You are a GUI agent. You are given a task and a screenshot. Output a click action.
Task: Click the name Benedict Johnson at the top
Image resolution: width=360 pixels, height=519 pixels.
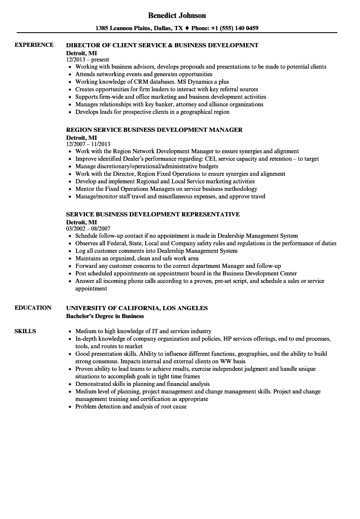click(177, 15)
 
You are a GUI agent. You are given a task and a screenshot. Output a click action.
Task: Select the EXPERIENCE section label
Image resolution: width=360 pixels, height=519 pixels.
click(34, 45)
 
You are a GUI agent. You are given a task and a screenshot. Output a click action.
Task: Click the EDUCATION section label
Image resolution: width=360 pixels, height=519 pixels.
click(33, 308)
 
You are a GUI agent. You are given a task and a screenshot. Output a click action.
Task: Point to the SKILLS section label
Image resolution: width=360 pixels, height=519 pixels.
click(25, 331)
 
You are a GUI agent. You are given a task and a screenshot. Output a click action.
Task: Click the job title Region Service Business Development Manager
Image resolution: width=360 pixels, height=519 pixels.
click(154, 130)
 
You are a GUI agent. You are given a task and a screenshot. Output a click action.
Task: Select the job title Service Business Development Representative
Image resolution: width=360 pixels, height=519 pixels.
click(153, 214)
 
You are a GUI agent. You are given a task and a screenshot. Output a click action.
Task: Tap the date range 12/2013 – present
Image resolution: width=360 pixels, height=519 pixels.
click(87, 59)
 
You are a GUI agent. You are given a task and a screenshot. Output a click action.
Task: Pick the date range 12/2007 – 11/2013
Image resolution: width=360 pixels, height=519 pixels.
click(88, 144)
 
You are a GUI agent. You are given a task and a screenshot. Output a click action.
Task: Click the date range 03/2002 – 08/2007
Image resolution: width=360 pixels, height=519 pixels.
click(88, 229)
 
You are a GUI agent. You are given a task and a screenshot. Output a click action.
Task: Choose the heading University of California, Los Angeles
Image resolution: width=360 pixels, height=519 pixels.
click(137, 308)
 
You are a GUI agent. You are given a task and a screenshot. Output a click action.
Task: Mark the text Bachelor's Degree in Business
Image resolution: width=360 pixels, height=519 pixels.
click(105, 316)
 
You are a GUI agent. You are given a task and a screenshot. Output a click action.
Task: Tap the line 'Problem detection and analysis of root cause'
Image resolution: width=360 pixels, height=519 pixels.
click(131, 406)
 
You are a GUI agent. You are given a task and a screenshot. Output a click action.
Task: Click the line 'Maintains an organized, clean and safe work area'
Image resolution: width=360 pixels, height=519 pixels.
click(137, 258)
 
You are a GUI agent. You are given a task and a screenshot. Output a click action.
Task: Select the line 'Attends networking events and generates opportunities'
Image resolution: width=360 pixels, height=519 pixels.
click(144, 74)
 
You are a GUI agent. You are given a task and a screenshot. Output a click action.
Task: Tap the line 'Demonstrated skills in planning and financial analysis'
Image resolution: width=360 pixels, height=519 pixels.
click(142, 384)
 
